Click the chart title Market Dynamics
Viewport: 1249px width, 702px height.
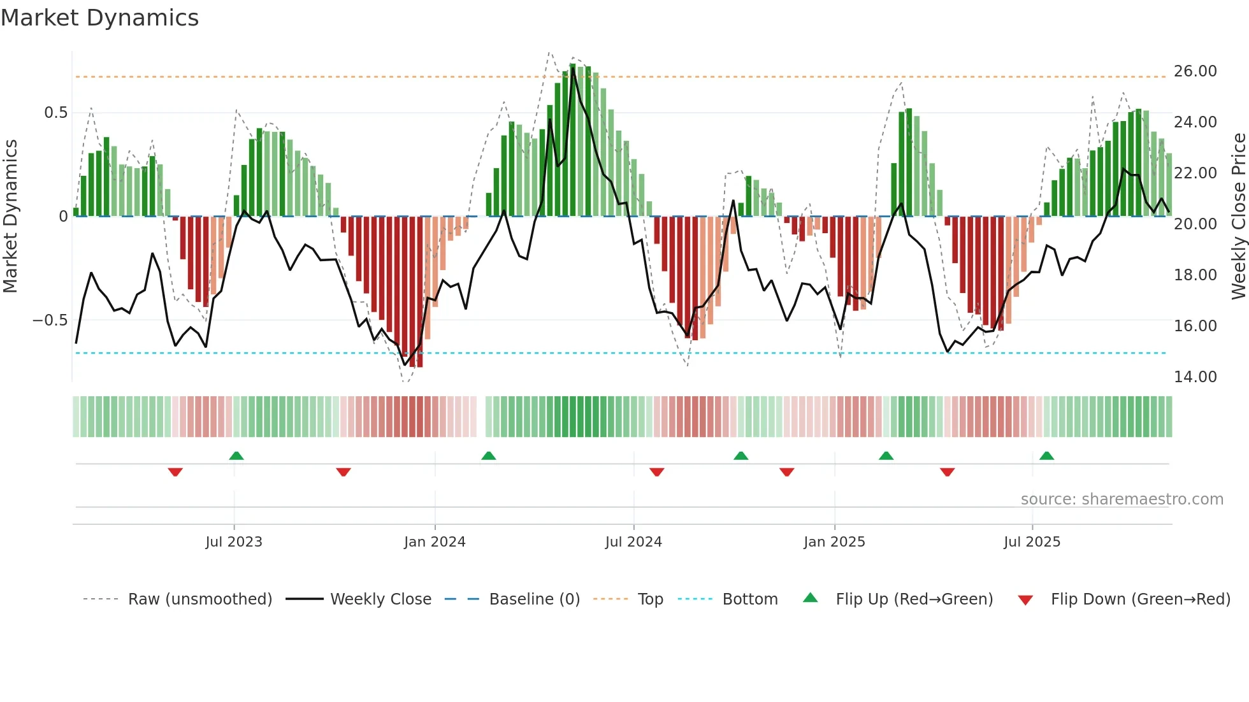[x=99, y=18]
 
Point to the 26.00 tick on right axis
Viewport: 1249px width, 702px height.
[x=1195, y=71]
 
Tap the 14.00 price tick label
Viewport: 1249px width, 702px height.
[x=1195, y=377]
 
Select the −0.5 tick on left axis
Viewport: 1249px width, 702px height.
[x=50, y=320]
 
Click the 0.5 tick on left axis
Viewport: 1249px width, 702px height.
[x=55, y=113]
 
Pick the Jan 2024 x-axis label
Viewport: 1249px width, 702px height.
[x=435, y=542]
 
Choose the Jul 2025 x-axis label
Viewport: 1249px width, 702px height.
[x=1032, y=542]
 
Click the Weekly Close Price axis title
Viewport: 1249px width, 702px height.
[x=1238, y=217]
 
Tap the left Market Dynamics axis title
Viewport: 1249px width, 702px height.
[x=10, y=217]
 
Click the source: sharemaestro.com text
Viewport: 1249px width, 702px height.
[x=1122, y=499]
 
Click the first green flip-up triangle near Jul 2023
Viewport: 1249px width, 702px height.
[x=236, y=456]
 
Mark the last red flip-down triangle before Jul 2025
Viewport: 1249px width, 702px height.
[x=947, y=472]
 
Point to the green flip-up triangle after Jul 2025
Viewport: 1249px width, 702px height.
[x=1046, y=456]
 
